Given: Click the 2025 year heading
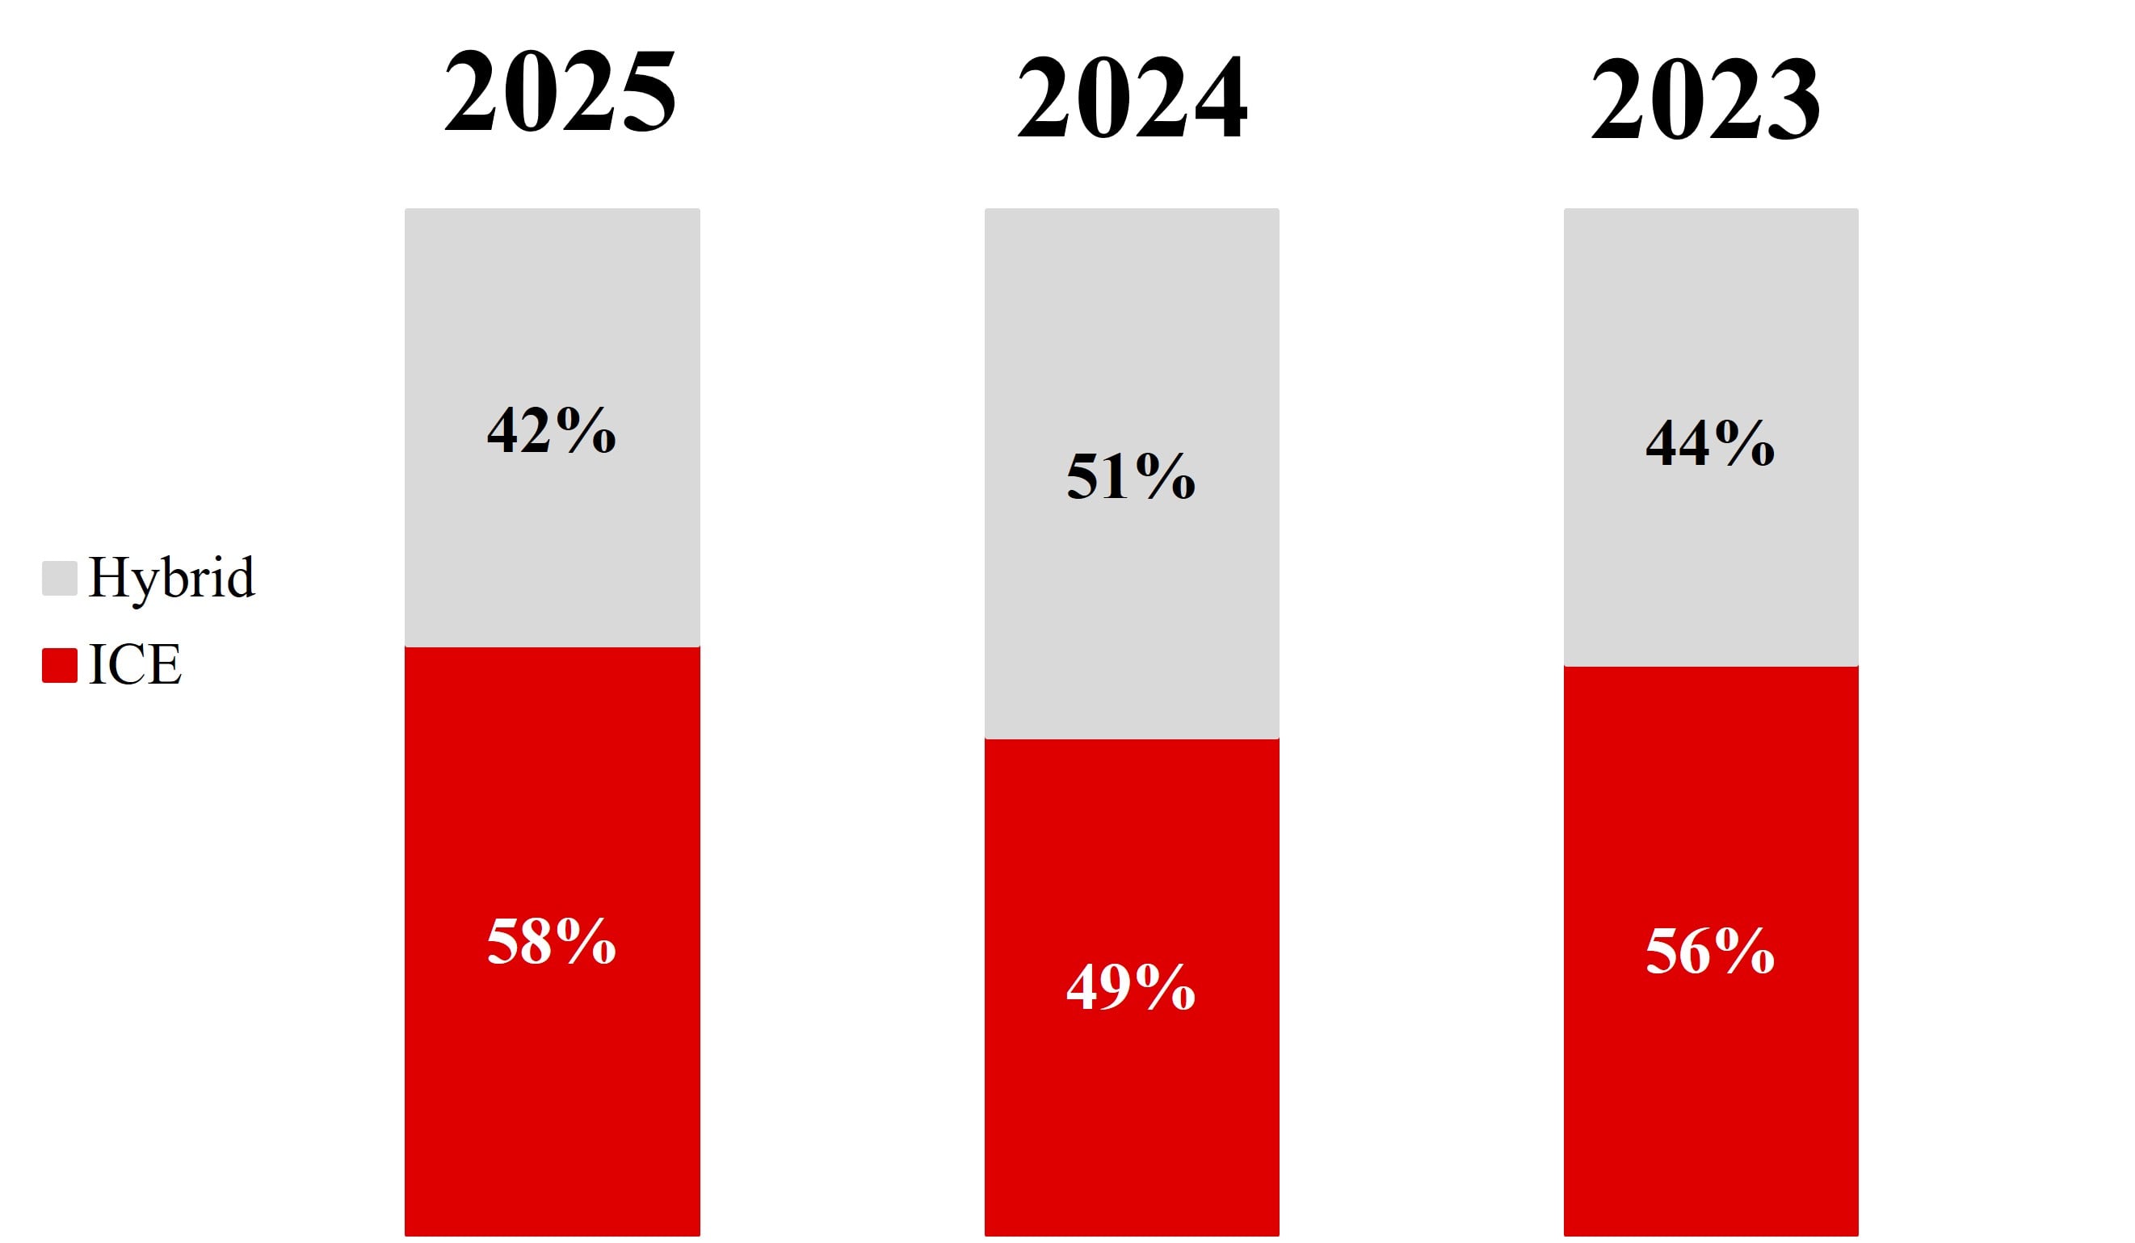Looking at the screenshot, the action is pos(560,90).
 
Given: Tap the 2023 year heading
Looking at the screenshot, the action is pos(1705,98).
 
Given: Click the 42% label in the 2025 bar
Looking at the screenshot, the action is pos(552,430).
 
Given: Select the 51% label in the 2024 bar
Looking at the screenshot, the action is pos(1131,476).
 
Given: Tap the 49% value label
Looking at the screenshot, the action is pos(1131,986).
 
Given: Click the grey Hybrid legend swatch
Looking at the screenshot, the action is pos(59,577).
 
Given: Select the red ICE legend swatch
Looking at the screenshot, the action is pos(59,665).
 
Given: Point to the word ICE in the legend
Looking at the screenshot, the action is pos(135,665).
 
